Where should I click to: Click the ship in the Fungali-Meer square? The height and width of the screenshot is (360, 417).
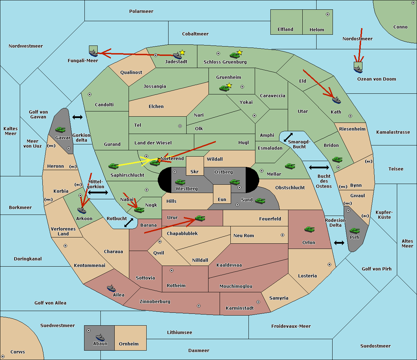(93, 53)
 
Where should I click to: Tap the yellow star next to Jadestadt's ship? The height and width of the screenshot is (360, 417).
(182, 52)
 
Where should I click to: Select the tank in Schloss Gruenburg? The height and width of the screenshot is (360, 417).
(235, 55)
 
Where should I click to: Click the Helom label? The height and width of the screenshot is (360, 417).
(317, 30)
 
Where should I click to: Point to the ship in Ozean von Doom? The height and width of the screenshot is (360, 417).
(358, 69)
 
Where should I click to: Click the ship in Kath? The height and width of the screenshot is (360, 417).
(336, 100)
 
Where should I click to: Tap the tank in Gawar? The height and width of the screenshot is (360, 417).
(60, 130)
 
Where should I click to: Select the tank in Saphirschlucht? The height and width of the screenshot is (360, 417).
(113, 166)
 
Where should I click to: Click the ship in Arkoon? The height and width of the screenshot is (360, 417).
(82, 210)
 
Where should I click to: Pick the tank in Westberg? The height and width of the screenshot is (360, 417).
(180, 182)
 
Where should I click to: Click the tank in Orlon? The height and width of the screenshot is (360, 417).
(309, 229)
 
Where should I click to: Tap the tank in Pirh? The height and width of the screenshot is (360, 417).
(354, 231)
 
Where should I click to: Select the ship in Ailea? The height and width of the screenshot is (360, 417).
(111, 288)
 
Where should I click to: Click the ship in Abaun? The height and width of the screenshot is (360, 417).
(100, 337)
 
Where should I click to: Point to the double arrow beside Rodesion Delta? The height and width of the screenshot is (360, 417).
(339, 243)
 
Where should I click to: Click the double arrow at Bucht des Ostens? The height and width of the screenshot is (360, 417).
(319, 168)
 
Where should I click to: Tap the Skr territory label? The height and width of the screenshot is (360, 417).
(195, 172)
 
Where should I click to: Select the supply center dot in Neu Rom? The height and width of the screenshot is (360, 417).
(283, 235)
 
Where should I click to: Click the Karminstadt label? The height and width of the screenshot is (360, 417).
(240, 308)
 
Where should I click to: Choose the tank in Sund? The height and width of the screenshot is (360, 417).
(260, 201)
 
